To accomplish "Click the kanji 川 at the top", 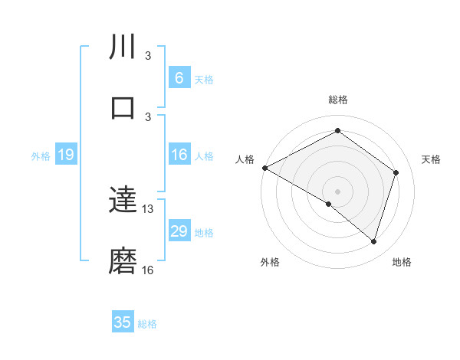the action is click(123, 47).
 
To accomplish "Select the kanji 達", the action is click(123, 201).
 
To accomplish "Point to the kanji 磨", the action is click(123, 261).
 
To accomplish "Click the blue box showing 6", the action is click(179, 78).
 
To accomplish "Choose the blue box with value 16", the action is click(179, 155).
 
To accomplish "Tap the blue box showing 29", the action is click(179, 231).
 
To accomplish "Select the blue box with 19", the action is click(65, 155).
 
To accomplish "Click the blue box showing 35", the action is click(123, 322).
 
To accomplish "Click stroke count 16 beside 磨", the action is click(148, 270).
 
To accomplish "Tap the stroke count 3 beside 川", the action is click(148, 56).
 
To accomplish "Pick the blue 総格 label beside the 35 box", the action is click(147, 324).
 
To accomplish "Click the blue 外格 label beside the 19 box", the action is click(41, 156).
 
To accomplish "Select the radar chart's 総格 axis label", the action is click(337, 100).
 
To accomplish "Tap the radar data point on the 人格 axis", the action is click(264, 168).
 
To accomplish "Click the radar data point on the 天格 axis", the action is click(396, 172).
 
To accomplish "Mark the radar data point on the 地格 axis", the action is click(373, 241).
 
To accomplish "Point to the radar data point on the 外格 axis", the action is click(329, 204).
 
